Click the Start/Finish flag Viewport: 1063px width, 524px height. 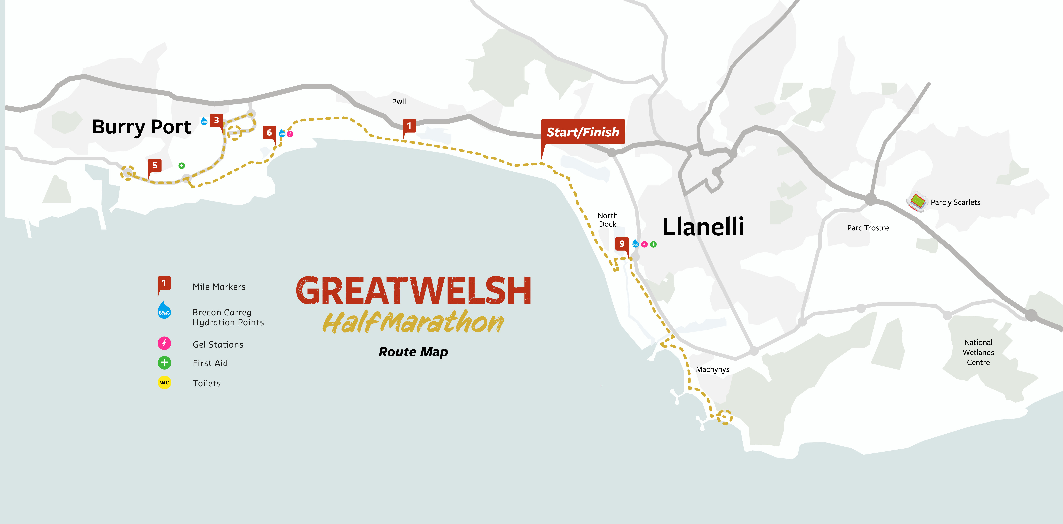583,132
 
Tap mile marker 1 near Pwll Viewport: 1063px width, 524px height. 409,126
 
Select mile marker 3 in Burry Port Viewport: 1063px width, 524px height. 216,120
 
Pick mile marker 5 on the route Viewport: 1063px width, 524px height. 155,165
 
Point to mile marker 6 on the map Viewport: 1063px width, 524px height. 269,132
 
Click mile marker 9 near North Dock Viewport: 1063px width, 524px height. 622,244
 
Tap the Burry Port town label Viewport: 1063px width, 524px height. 142,127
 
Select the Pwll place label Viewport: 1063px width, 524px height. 399,101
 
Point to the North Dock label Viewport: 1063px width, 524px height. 607,220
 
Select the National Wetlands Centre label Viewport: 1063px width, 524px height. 978,353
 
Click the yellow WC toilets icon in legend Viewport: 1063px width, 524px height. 164,383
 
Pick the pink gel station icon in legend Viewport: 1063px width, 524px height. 164,343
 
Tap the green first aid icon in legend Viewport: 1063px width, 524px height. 164,363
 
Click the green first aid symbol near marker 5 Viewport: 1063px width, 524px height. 181,166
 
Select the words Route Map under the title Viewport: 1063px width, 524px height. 413,352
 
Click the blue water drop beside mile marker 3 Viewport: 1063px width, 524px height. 204,121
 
